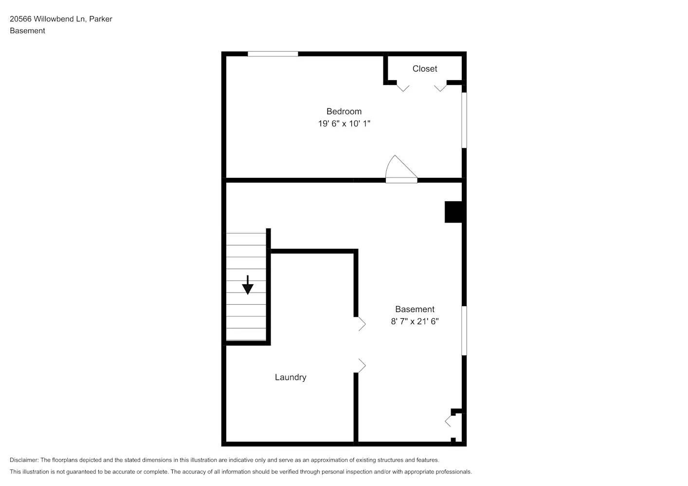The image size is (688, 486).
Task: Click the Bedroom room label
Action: coord(344,111)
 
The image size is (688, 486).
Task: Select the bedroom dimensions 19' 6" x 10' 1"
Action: coord(344,123)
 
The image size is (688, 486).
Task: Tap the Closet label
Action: coord(424,69)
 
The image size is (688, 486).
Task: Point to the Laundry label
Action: coord(290,377)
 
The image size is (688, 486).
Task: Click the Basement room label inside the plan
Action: coord(415,309)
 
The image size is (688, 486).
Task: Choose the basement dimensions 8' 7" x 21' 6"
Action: coord(415,321)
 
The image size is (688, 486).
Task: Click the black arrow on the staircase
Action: coord(248,285)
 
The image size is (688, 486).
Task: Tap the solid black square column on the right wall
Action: coord(453,212)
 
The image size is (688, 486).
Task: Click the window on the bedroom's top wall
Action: coord(272,54)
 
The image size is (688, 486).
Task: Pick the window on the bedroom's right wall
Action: coord(464,120)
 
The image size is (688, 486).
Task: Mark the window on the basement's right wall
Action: coord(464,330)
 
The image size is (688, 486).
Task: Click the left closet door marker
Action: coord(402,87)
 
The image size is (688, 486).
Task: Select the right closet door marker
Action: coord(440,87)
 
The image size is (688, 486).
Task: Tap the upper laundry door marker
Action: coord(362,324)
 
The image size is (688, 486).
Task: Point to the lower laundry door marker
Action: coord(362,365)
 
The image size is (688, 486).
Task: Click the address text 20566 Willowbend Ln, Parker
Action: coord(61,19)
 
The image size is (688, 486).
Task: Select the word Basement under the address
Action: coord(27,31)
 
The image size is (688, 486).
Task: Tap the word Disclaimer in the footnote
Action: coord(24,460)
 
